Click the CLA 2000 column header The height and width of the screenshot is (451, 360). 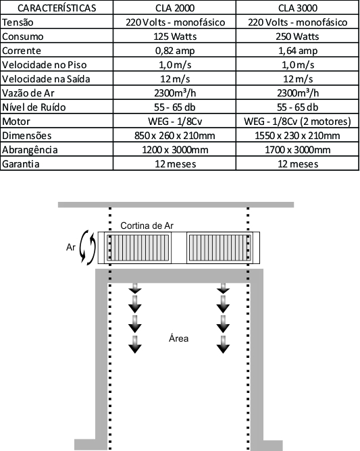pos(175,8)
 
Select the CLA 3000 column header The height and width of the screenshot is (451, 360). pos(298,8)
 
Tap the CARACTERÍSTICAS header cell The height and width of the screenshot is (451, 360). pos(57,8)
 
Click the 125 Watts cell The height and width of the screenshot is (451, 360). pos(175,36)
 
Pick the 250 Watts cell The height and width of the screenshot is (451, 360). pos(298,36)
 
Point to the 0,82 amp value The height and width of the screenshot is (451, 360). pos(175,51)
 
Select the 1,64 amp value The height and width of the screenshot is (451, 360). pos(298,51)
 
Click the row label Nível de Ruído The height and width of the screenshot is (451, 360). pos(34,107)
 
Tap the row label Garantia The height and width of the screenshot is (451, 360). pos(21,163)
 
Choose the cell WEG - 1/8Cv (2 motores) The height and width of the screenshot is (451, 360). pos(298,122)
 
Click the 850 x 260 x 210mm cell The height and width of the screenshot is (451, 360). pos(175,136)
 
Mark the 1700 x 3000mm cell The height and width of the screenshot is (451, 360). pos(298,150)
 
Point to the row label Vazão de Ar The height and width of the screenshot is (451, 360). pos(28,93)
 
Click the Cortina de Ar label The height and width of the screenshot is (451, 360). pos(147,225)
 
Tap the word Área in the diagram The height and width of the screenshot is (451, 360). pos(179,338)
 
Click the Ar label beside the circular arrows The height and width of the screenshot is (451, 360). pos(71,247)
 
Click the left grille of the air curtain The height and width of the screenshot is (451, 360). pos(138,248)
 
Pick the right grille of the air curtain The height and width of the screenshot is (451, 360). pos(220,248)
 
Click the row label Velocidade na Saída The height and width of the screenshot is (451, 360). pos(46,79)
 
